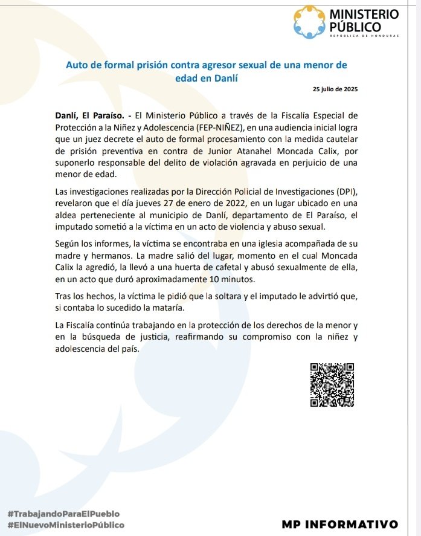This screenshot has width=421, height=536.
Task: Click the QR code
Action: [x=332, y=384]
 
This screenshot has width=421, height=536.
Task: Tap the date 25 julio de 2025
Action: [x=335, y=89]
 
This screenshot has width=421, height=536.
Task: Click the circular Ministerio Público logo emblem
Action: [x=309, y=22]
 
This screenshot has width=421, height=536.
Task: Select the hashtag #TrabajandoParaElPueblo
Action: [x=63, y=513]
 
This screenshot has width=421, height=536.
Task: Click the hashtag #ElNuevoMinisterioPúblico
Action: [x=66, y=525]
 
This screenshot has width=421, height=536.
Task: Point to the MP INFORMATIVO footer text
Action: [x=339, y=523]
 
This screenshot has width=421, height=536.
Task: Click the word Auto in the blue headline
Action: [x=77, y=64]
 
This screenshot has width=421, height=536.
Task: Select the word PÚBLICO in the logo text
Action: [x=355, y=27]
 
